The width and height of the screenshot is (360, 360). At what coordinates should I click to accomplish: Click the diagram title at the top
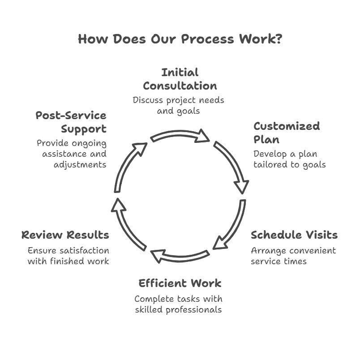coord(179,39)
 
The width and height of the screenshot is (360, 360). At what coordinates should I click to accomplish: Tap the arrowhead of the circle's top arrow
coord(202,136)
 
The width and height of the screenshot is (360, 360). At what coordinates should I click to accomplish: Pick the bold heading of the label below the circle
coord(179,284)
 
